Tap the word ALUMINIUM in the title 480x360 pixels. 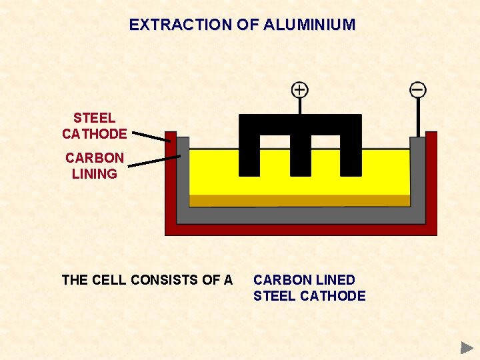[x=309, y=25]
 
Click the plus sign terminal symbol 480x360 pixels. [x=300, y=89]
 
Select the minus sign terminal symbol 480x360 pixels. [x=418, y=89]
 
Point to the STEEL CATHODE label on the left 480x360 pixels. [x=94, y=126]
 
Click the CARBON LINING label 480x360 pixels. [x=94, y=166]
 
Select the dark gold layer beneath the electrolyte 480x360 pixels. [x=300, y=201]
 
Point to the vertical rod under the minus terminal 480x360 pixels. [x=418, y=117]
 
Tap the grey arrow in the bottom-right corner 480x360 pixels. [x=467, y=347]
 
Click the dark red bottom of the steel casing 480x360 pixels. [x=300, y=230]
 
